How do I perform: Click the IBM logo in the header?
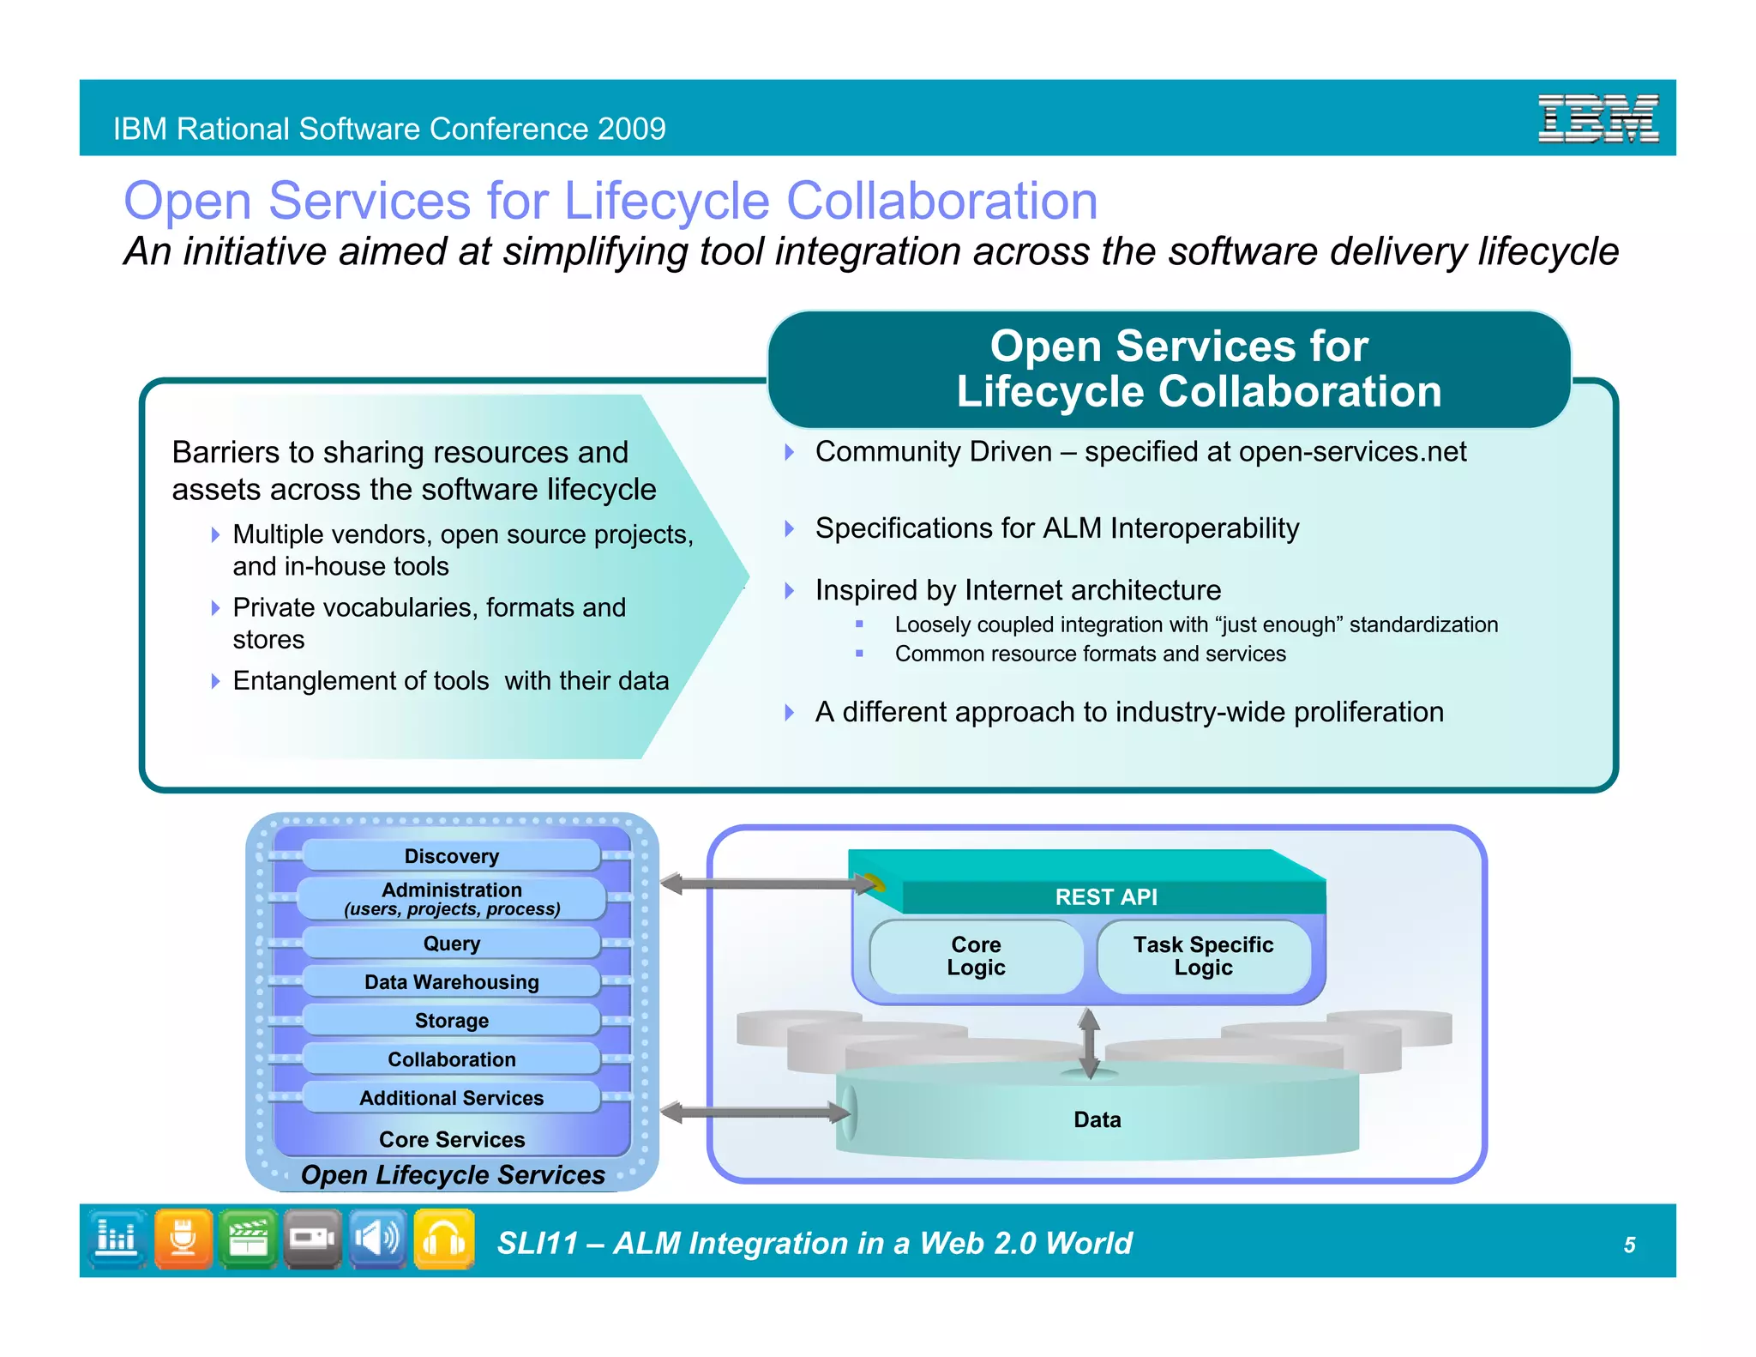click(1597, 118)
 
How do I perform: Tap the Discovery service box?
click(451, 856)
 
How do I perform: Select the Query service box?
click(451, 944)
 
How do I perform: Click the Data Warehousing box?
click(451, 982)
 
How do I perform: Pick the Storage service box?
click(451, 1021)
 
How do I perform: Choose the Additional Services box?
click(451, 1098)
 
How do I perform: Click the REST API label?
click(1105, 897)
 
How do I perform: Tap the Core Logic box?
click(976, 956)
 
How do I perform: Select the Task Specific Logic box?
click(1203, 956)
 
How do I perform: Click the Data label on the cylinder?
click(1097, 1119)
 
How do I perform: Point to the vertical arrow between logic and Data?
click(1089, 1043)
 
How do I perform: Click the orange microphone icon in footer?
click(183, 1239)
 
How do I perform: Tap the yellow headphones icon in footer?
click(443, 1239)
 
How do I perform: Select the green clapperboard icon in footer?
click(248, 1239)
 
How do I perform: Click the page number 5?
click(1629, 1245)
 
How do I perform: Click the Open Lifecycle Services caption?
click(453, 1174)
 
